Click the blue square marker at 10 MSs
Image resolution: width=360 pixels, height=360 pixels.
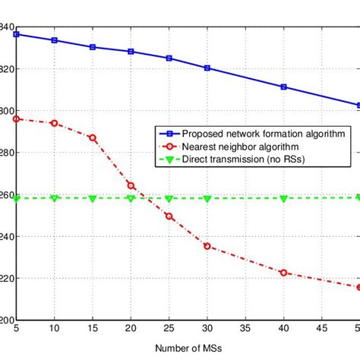tap(54, 40)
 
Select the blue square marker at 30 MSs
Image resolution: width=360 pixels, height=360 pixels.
tap(207, 68)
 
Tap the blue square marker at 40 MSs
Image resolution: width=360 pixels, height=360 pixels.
tap(283, 87)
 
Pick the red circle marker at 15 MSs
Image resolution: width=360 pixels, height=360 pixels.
tap(92, 137)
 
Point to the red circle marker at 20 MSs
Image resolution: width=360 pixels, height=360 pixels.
tap(131, 185)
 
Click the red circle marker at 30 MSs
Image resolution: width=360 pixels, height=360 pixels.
tap(207, 246)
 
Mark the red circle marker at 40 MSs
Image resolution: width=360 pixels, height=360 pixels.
tap(283, 272)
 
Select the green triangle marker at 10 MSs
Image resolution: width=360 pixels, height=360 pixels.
tap(54, 198)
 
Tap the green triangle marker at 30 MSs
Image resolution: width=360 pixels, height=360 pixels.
tap(207, 199)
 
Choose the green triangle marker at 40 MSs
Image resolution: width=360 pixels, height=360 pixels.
tap(283, 199)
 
